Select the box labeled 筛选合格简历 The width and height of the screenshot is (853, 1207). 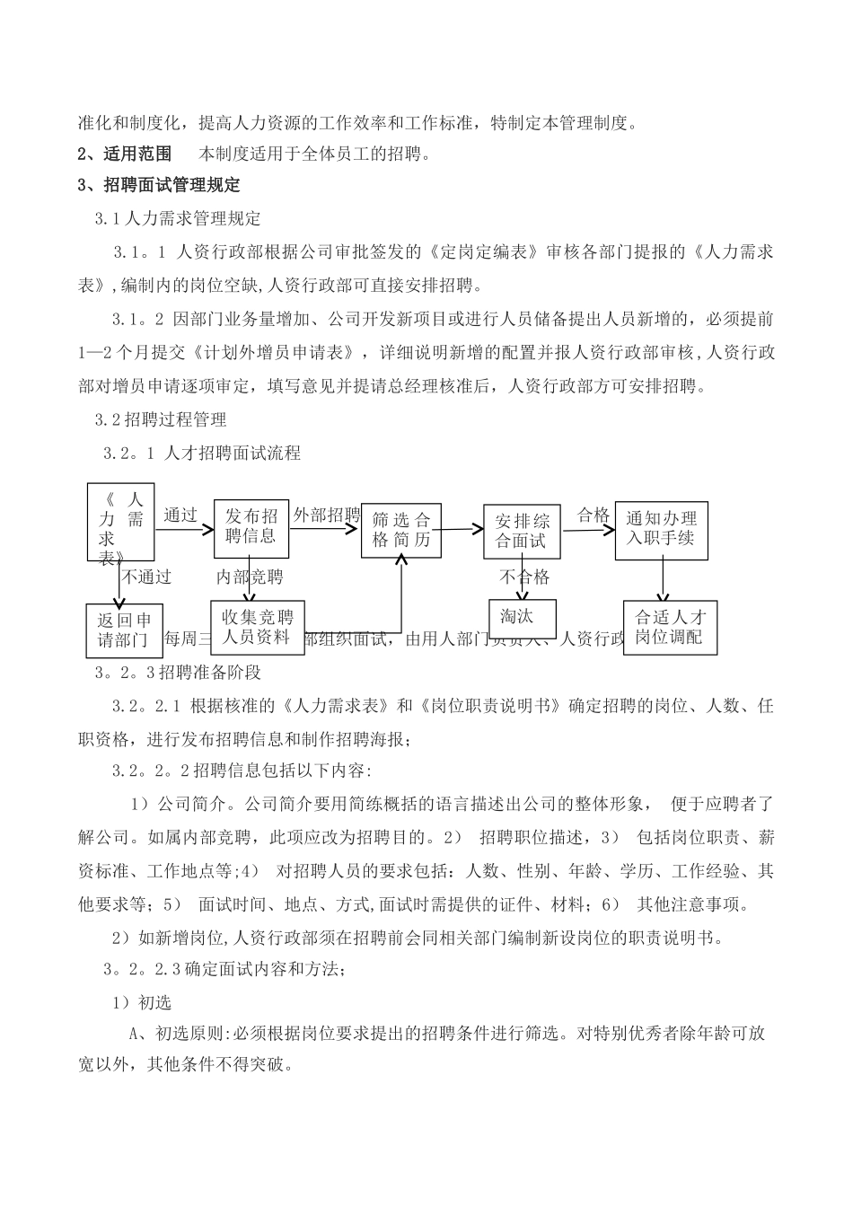(400, 530)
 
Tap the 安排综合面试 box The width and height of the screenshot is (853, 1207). (522, 531)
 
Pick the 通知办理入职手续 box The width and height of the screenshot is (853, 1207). (661, 530)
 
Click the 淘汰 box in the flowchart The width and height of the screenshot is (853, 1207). (523, 618)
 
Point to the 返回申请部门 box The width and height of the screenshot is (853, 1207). (125, 630)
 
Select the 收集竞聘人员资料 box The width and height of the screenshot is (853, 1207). (257, 626)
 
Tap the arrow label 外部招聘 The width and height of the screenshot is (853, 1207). (326, 515)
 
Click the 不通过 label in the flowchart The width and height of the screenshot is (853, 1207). (147, 576)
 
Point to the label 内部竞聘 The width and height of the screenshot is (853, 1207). (249, 576)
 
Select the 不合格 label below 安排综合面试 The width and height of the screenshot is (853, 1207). (524, 577)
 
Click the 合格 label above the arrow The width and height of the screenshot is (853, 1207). (593, 515)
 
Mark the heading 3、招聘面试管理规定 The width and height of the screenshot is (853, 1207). (160, 185)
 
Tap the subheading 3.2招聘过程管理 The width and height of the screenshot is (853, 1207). (161, 419)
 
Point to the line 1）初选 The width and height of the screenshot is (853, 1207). (141, 1001)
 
